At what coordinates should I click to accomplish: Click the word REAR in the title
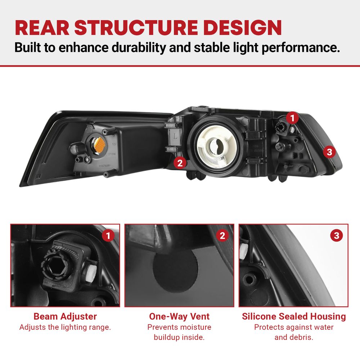click(x=42, y=28)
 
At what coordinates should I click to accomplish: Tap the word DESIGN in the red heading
click(x=242, y=28)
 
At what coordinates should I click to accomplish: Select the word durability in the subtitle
click(x=139, y=48)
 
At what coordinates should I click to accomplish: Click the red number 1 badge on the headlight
click(x=292, y=118)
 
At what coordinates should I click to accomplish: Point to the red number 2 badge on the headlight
click(x=180, y=163)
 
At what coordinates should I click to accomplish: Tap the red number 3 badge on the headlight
click(x=329, y=152)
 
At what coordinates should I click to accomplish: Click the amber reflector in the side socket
click(x=99, y=145)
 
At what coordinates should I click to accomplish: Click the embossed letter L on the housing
click(x=175, y=136)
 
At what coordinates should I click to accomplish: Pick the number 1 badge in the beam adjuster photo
click(x=108, y=235)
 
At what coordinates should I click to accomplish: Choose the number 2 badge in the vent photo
click(x=222, y=235)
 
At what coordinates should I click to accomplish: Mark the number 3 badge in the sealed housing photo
click(x=337, y=235)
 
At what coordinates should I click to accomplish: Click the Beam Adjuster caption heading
click(x=65, y=316)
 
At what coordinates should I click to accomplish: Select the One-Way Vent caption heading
click(x=179, y=316)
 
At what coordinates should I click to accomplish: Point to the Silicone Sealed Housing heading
click(x=294, y=316)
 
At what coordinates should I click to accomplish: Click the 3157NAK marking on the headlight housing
click(x=104, y=166)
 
